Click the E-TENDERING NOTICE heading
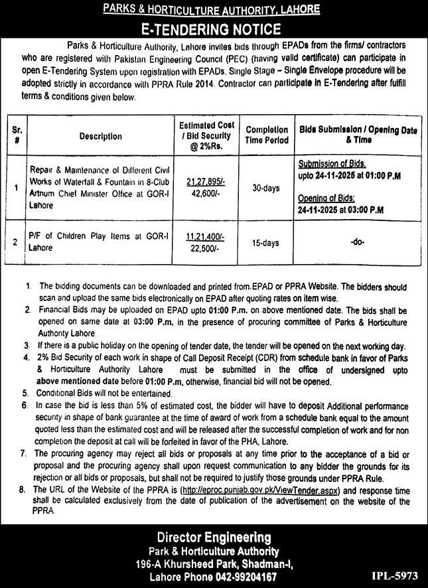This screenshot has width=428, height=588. tap(213, 29)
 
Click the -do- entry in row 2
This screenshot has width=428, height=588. tap(357, 244)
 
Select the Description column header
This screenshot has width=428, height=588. tap(101, 136)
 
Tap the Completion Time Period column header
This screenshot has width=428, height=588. tap(267, 135)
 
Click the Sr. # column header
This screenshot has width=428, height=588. tap(17, 136)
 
